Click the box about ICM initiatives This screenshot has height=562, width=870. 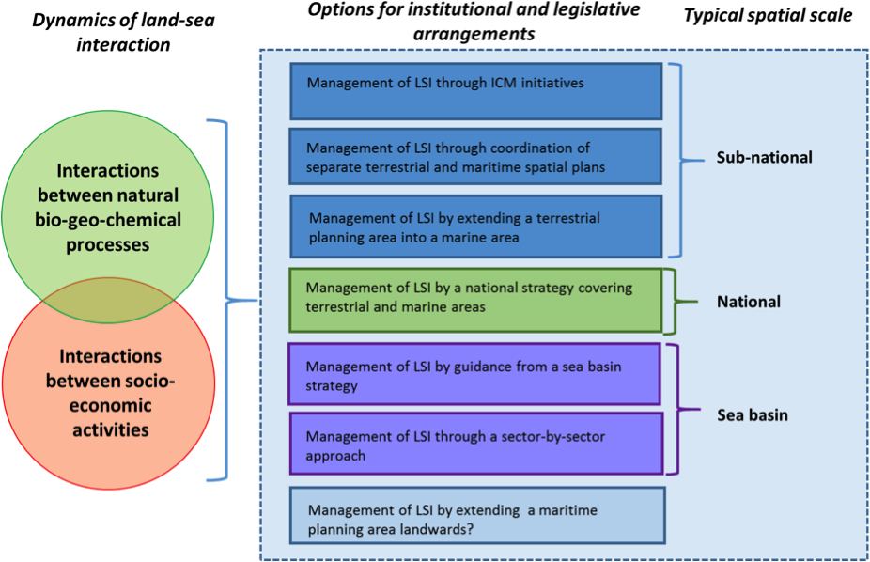point(476,91)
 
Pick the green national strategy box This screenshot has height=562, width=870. point(475,300)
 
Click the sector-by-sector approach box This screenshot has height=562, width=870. point(474,444)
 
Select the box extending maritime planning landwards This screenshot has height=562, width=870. point(476,515)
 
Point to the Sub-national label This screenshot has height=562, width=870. point(764,157)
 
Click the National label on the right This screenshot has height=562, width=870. point(748,302)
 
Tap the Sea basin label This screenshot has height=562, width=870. point(752,414)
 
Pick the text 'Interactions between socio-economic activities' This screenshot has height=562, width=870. point(110,393)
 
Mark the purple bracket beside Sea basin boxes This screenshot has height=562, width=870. point(677,409)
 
